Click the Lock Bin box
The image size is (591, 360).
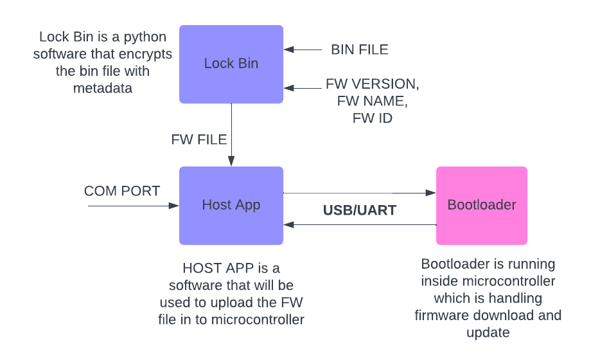point(231,64)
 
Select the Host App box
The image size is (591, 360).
point(231,205)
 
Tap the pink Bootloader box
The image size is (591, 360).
point(482,205)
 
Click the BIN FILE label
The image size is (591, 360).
point(360,50)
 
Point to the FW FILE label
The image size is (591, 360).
point(199,139)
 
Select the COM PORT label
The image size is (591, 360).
point(122,191)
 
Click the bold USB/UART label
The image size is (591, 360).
point(360,210)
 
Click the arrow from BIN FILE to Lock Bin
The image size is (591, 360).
point(302,50)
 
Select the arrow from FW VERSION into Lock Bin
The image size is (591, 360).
point(302,87)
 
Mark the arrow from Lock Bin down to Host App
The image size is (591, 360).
point(231,135)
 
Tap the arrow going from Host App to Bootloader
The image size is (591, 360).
point(360,192)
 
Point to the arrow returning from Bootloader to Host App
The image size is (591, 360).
point(360,224)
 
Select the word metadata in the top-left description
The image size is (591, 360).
point(103,88)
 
